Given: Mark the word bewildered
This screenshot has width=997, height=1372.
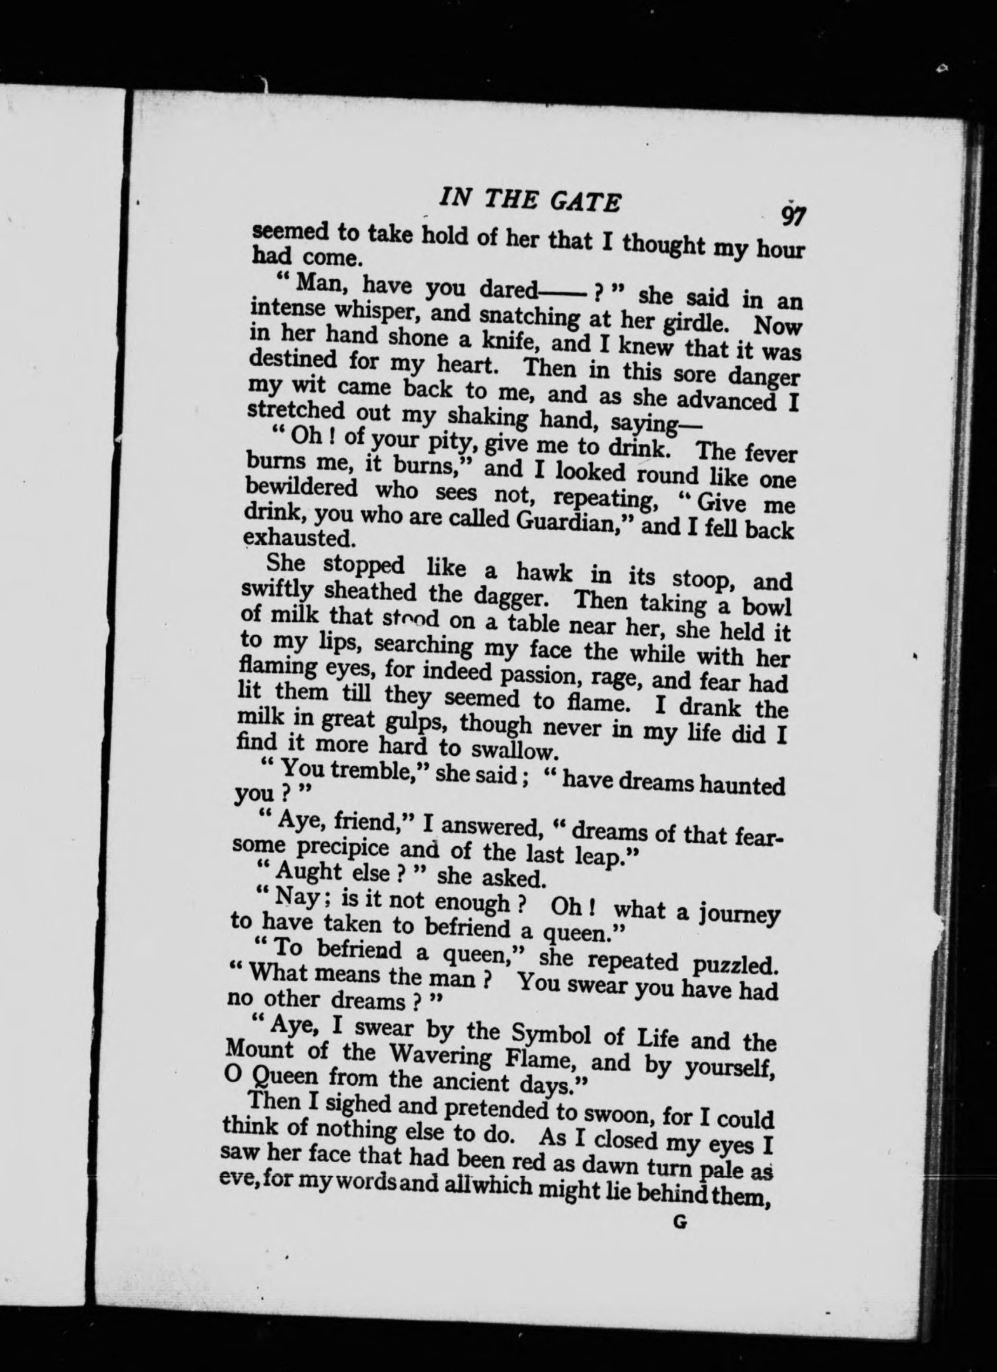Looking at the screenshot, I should (x=303, y=488).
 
